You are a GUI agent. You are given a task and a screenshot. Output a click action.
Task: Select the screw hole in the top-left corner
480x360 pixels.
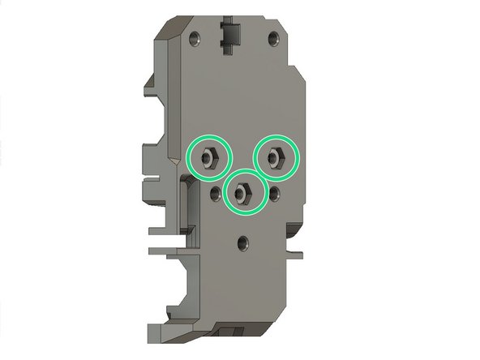(x=195, y=37)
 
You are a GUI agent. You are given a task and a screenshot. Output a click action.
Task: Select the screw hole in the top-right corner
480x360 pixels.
(x=274, y=37)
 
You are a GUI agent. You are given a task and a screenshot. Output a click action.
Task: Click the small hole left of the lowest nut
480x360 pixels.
(x=214, y=192)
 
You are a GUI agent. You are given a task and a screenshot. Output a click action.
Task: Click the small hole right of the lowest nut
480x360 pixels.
(x=276, y=191)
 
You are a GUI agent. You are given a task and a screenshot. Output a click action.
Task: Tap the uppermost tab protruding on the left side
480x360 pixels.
(x=150, y=86)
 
